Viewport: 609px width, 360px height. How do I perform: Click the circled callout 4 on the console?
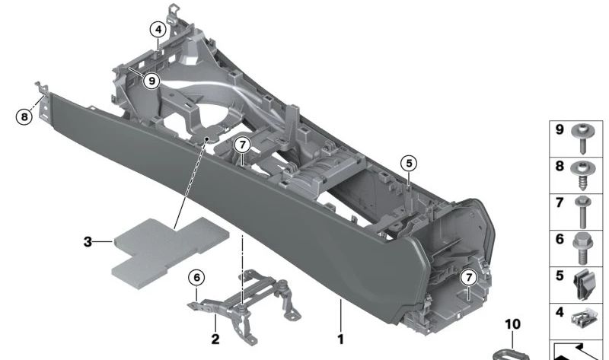pos(158,30)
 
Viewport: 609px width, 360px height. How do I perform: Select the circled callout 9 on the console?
pos(151,79)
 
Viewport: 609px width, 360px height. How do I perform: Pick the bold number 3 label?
pos(88,242)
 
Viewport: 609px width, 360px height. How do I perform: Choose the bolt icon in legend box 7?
pos(585,211)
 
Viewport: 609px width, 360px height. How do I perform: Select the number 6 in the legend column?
pos(558,239)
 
